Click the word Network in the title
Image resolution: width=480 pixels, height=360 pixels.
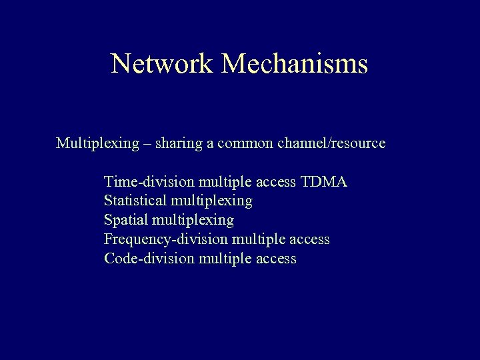click(x=162, y=64)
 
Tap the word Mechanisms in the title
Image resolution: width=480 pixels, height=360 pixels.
click(x=295, y=64)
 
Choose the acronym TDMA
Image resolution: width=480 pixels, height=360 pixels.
click(x=324, y=182)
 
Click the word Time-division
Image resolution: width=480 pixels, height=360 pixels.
click(x=149, y=182)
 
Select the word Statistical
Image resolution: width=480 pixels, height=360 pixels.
click(x=135, y=201)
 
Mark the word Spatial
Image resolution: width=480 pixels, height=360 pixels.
click(x=126, y=220)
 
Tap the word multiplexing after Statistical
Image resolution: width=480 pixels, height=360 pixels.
click(x=212, y=201)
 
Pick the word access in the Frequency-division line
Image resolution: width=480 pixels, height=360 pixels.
click(x=308, y=239)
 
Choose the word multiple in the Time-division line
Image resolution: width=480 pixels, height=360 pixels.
click(x=223, y=182)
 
